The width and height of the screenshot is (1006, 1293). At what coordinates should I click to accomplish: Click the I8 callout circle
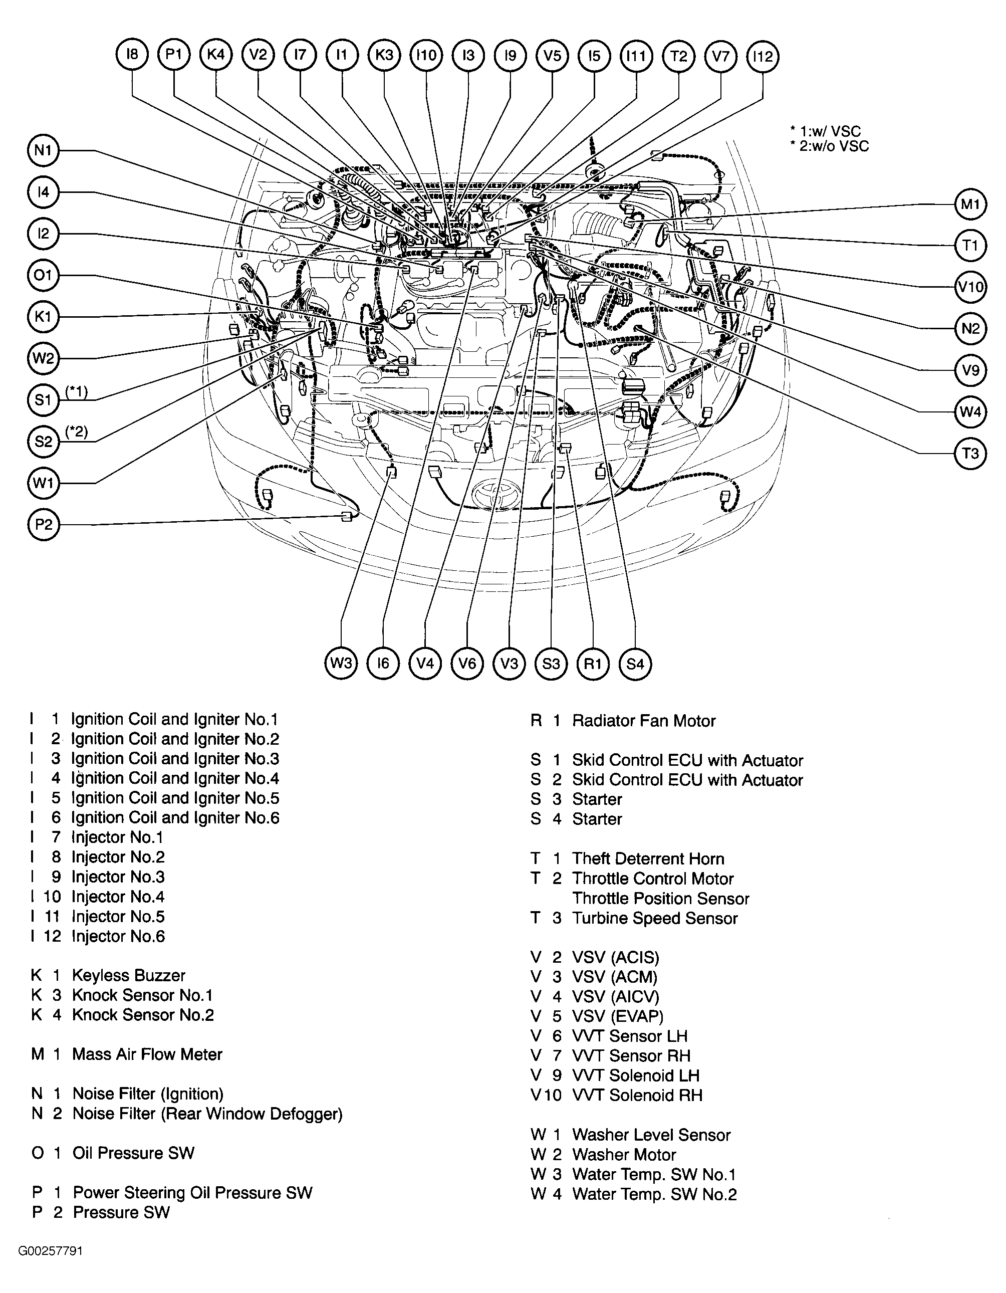pos(132,56)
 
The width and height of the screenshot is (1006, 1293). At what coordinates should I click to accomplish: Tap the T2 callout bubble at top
pos(678,56)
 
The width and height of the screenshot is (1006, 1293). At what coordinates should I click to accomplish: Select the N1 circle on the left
pos(43,150)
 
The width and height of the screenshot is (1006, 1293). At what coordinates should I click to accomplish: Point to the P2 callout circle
pos(43,525)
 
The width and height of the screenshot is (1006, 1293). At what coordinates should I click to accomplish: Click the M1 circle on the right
pos(970,204)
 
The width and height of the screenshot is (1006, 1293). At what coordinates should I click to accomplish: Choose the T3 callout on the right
pos(970,454)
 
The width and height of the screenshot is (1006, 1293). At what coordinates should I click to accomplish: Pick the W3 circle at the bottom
pos(342,663)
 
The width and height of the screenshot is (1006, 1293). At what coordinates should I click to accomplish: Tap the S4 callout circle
pos(635,664)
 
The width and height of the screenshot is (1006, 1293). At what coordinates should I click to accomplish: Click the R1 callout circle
pos(593,664)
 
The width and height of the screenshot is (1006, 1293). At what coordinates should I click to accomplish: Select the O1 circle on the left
pos(43,275)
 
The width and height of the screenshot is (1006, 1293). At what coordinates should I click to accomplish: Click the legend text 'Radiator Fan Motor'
pos(644,721)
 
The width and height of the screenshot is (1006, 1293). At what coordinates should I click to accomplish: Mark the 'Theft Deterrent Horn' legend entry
pos(648,859)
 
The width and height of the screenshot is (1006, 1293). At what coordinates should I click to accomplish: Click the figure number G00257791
pos(50,1251)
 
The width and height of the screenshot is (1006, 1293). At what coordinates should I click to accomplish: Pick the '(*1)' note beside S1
pos(76,391)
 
